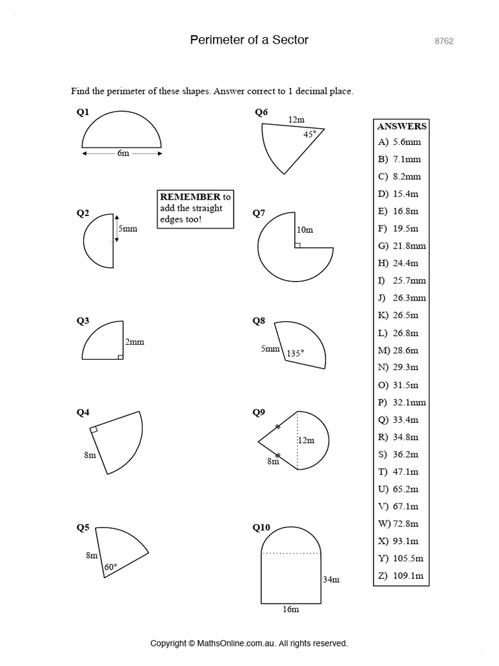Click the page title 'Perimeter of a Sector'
coord(249,40)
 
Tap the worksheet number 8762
coord(444,41)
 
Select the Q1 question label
coord(83,113)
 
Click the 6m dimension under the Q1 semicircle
coord(122,153)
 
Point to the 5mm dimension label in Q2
coord(127,229)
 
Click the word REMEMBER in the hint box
coord(190,196)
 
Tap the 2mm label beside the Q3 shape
coord(134,342)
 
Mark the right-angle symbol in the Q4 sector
coord(94,429)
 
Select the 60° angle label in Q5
coord(111,567)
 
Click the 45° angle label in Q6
coord(309,135)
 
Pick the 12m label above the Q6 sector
coord(296,120)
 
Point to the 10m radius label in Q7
coord(305,230)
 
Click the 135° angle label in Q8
coord(296,354)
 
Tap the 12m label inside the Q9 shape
coord(306,440)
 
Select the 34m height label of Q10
coord(331,579)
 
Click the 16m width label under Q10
coord(290,609)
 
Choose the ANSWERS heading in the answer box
coord(402,126)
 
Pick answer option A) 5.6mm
coord(399,142)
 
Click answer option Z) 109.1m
coord(400,575)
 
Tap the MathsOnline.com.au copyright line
coord(249,643)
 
